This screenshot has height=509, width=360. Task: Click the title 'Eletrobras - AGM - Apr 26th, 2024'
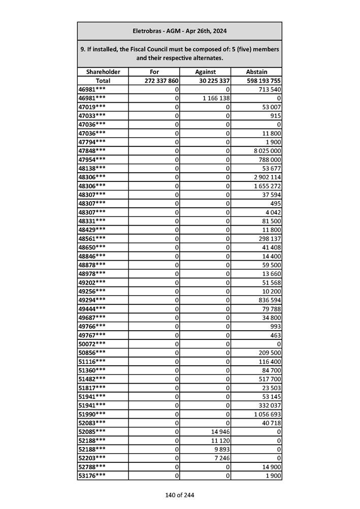179,31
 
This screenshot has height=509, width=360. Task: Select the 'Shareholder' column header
103,72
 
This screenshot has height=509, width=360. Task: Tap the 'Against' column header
206,72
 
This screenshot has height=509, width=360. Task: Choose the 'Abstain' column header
256,72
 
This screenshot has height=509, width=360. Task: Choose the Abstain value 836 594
269,300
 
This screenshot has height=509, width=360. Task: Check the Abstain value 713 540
269,89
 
